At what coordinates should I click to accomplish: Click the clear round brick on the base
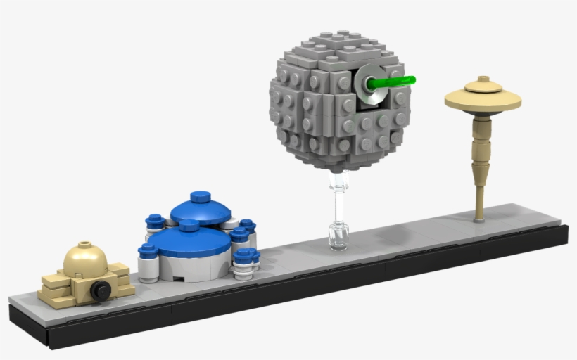pos(338,235)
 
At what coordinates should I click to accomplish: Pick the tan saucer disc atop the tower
pos(483,101)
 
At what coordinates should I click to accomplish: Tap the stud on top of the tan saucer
pos(483,80)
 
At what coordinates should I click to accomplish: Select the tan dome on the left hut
pos(85,262)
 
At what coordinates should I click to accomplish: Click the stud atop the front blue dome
pos(189,226)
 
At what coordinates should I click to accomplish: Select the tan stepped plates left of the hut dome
pos(52,288)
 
